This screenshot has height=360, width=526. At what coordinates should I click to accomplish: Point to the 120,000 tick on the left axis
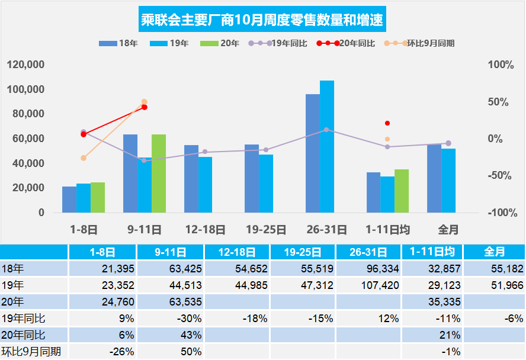pyautogui.click(x=26, y=65)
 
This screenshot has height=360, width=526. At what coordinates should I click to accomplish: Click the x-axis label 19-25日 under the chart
pyautogui.click(x=266, y=229)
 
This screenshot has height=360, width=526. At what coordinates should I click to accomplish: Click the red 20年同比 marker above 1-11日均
pyautogui.click(x=387, y=123)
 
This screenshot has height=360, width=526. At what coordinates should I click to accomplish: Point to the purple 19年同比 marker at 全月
pyautogui.click(x=448, y=143)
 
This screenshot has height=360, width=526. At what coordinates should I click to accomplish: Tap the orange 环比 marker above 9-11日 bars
pyautogui.click(x=144, y=102)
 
